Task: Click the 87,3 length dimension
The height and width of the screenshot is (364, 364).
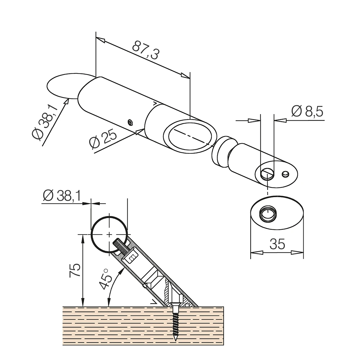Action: coord(146,50)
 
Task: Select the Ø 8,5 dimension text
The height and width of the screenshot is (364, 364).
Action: coord(307,111)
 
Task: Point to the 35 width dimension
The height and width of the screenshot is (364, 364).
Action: coord(277,244)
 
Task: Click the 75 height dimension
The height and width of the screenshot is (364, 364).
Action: coord(75,270)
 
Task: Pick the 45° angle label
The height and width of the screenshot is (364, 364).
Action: coord(106,279)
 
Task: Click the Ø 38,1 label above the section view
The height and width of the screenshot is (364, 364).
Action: coord(62,196)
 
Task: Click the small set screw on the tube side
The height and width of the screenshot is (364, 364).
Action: coord(130,123)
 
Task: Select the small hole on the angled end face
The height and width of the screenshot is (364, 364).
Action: coord(285,174)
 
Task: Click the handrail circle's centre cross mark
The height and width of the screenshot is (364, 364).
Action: coord(110,234)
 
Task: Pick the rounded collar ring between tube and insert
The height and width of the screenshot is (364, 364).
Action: coord(223,151)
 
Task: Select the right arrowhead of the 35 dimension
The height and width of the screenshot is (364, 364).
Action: coord(297,253)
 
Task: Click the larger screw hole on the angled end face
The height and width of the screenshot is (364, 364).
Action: coord(267,174)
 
